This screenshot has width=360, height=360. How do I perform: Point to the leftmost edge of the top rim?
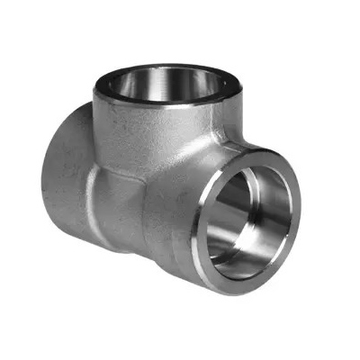click(x=94, y=81)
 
